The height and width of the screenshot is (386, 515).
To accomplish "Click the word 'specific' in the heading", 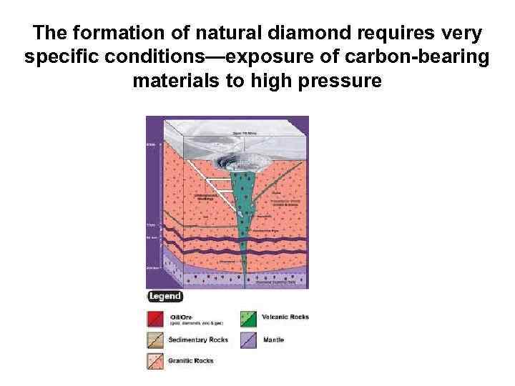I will tap(58, 57).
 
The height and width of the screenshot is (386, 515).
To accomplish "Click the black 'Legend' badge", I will tap(165, 297).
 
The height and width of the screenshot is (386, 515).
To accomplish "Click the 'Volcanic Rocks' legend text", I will tap(285, 317).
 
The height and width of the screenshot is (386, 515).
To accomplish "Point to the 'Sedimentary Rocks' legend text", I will tap(198, 340).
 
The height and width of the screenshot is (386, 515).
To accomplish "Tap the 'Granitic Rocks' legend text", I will tap(192, 360).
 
